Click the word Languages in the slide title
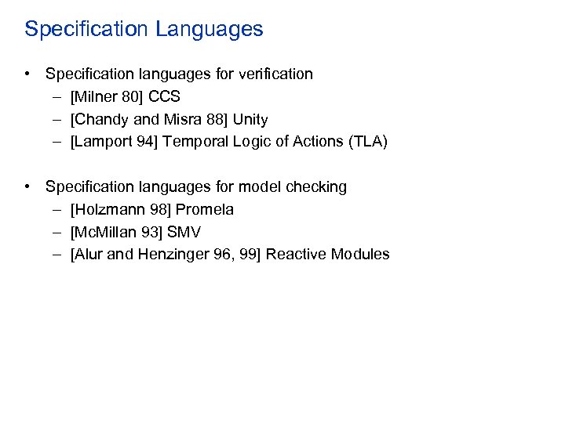[x=210, y=30]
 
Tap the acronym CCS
[x=164, y=97]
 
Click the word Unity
[x=250, y=120]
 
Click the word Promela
[x=205, y=210]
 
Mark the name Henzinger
[x=173, y=255]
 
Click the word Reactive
[x=296, y=255]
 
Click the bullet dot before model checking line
[x=27, y=187]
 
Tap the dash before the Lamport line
[x=60, y=143]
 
